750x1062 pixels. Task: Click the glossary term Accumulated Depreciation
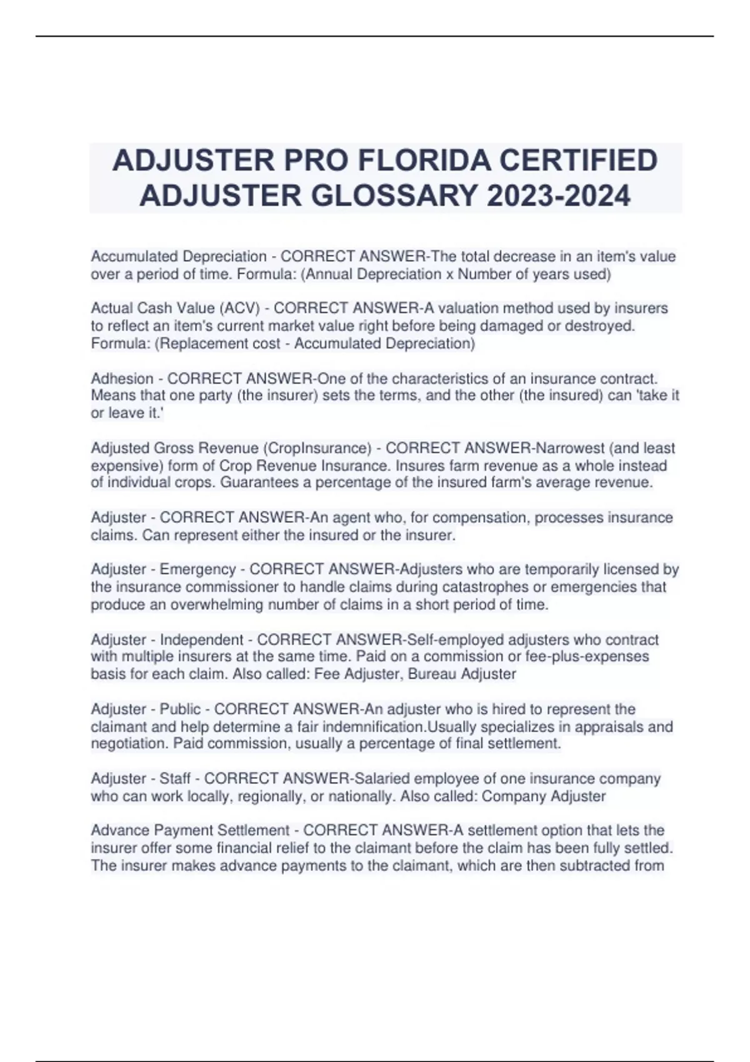pyautogui.click(x=179, y=256)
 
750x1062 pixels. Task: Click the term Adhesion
pyautogui.click(x=122, y=379)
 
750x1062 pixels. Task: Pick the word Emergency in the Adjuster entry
pyautogui.click(x=198, y=569)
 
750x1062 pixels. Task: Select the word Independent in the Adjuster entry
pyautogui.click(x=202, y=640)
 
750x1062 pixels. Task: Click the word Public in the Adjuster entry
pyautogui.click(x=181, y=709)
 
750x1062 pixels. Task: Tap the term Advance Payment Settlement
pyautogui.click(x=190, y=830)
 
